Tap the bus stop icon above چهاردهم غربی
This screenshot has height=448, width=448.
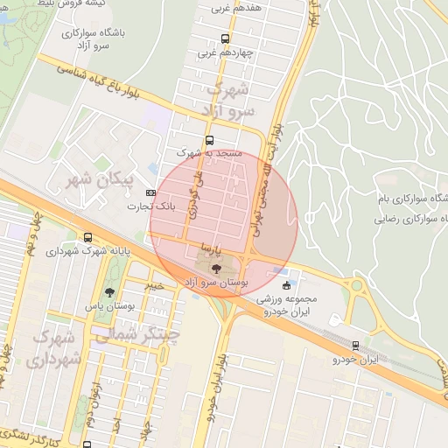226,38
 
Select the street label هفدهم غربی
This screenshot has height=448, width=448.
231,10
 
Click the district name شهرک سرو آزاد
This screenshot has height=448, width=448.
230,101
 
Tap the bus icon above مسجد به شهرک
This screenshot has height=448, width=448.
208,139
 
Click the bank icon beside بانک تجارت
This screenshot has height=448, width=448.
151,192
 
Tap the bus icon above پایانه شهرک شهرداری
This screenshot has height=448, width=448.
87,237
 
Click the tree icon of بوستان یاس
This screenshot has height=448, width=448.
109,292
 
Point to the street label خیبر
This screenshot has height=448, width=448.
155,284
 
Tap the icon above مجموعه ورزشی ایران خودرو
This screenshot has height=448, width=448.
286,285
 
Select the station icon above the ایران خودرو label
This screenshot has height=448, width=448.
354,346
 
